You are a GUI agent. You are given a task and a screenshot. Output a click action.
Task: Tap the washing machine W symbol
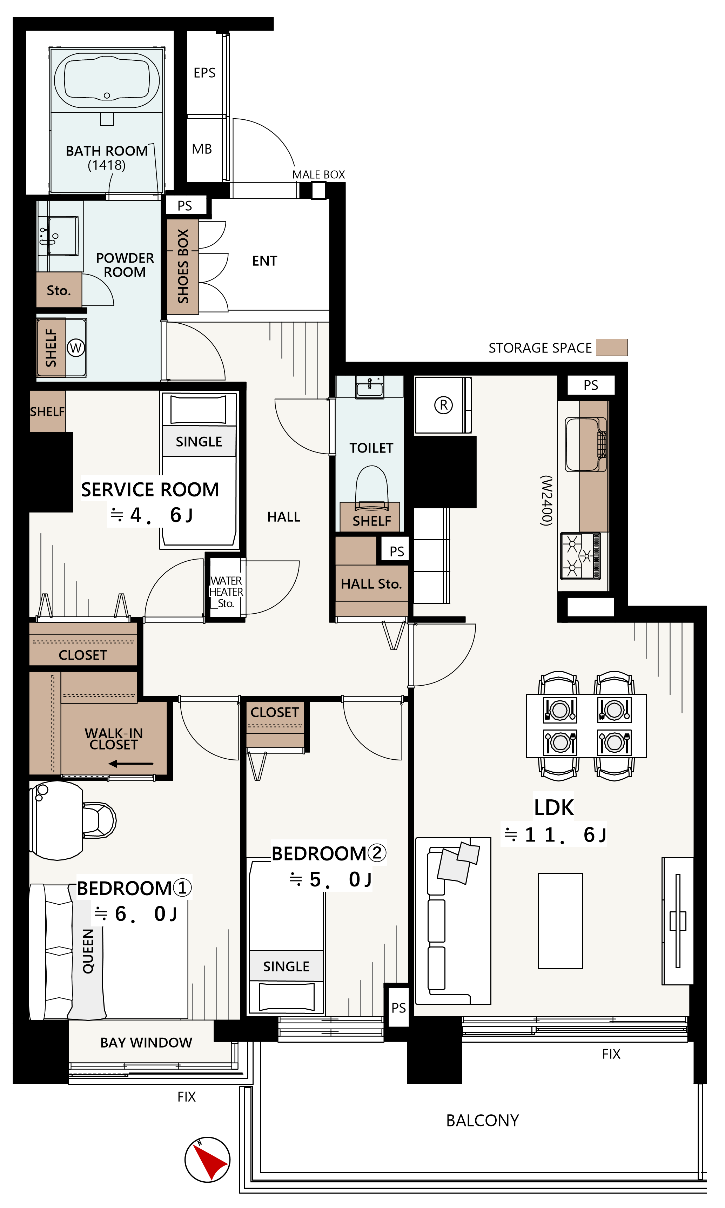pyautogui.click(x=76, y=348)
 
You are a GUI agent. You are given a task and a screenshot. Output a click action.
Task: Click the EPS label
pyautogui.click(x=204, y=73)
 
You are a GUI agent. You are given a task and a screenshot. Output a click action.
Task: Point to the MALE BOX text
pyautogui.click(x=318, y=174)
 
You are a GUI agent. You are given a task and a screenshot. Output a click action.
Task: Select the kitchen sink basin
pyautogui.click(x=583, y=444)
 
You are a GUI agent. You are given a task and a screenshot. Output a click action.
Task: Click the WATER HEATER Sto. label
pyautogui.click(x=226, y=592)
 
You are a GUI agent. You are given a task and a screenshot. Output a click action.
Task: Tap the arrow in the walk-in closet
pyautogui.click(x=131, y=764)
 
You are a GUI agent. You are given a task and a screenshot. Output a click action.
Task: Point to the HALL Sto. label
pyautogui.click(x=371, y=584)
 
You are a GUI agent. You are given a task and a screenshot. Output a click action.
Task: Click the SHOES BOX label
pyautogui.click(x=183, y=266)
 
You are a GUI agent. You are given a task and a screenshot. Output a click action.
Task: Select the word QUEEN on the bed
pyautogui.click(x=88, y=951)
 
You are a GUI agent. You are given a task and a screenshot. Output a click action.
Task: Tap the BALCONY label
pyautogui.click(x=482, y=1121)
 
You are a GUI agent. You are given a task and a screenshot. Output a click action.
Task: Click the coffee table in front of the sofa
pyautogui.click(x=560, y=921)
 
